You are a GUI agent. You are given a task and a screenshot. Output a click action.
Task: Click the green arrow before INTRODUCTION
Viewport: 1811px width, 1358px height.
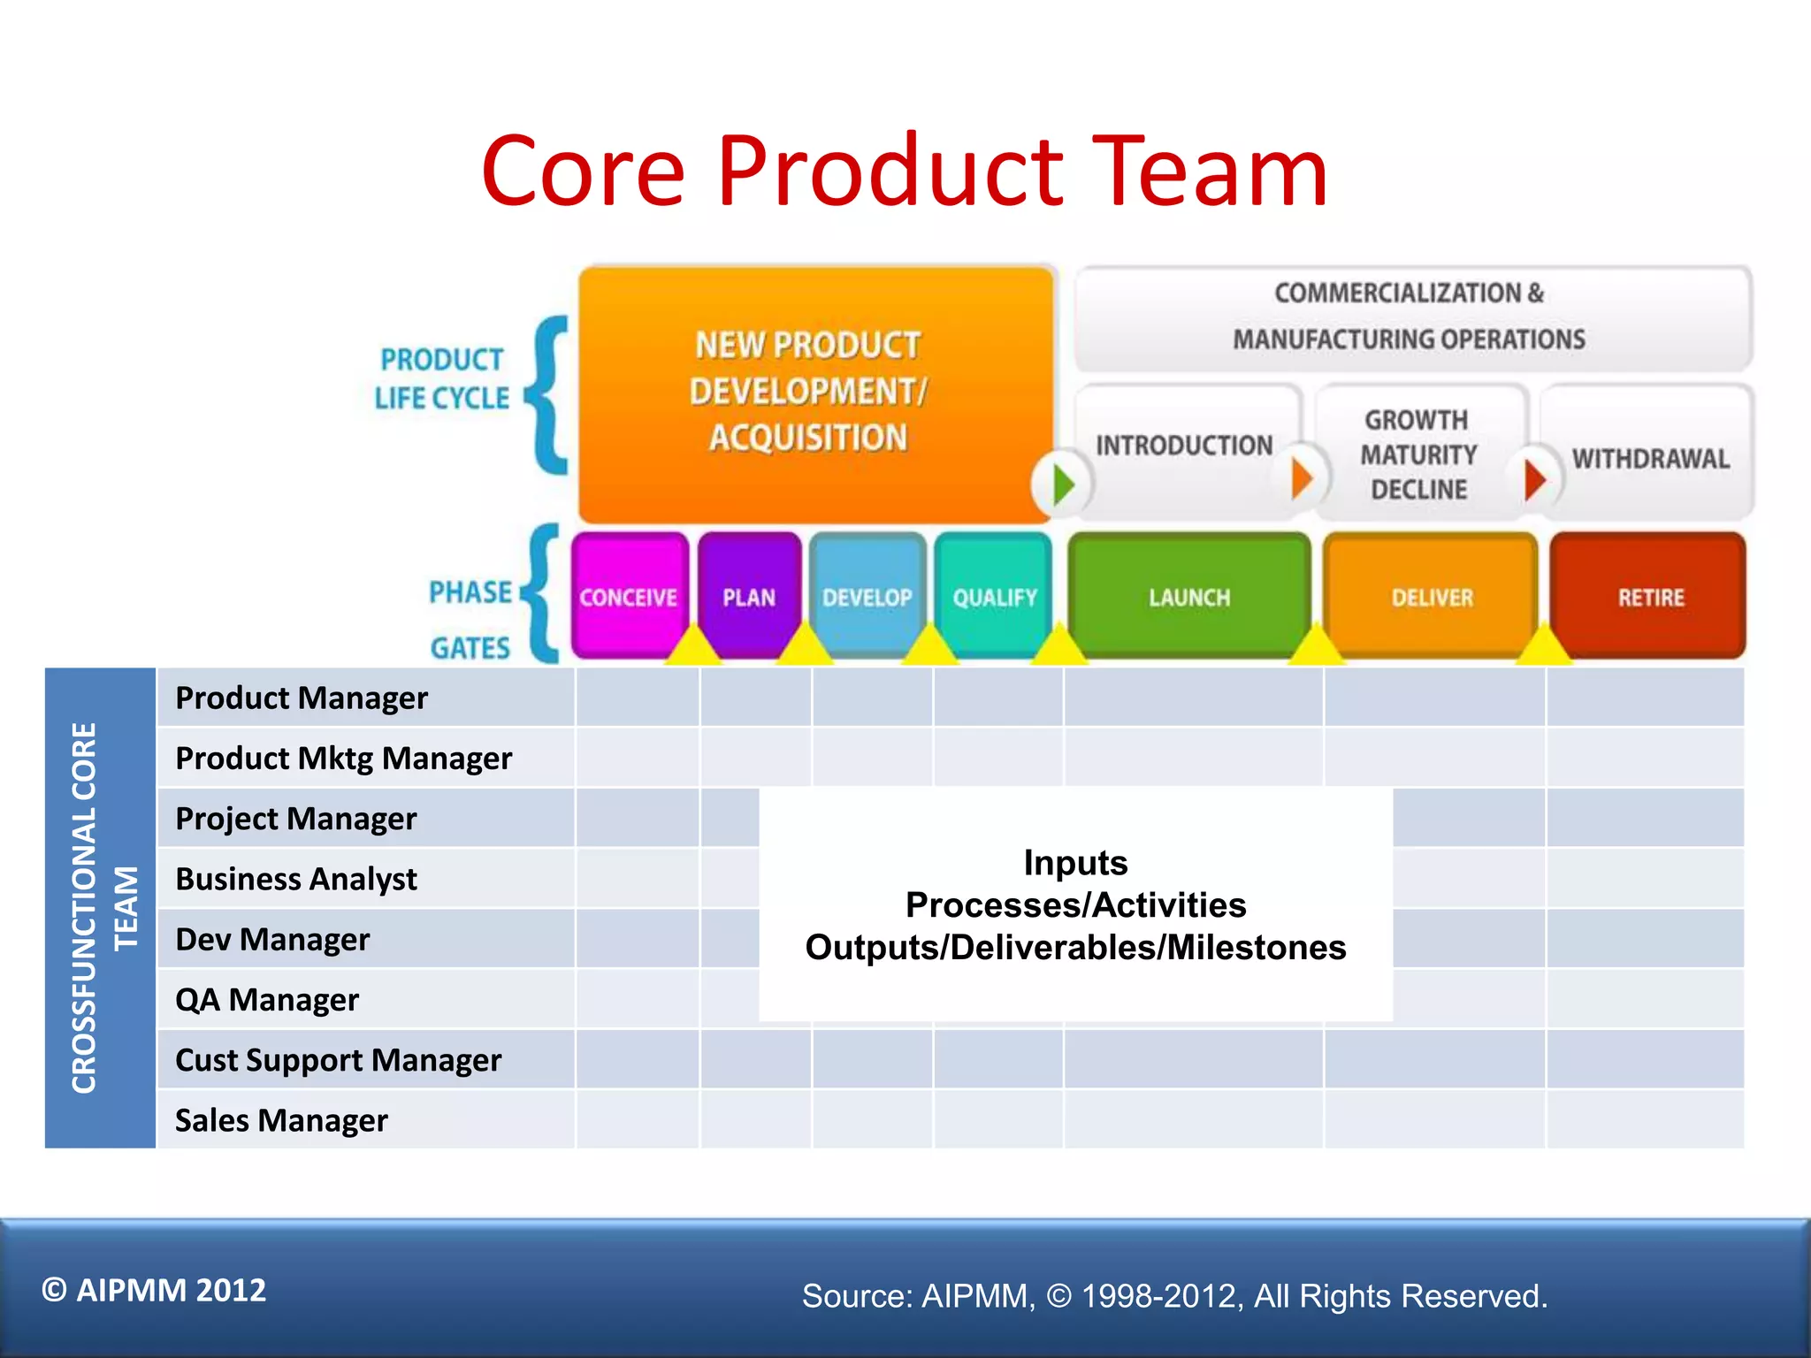pyautogui.click(x=1063, y=484)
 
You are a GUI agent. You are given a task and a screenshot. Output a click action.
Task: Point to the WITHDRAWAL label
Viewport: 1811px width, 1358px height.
pyautogui.click(x=1650, y=459)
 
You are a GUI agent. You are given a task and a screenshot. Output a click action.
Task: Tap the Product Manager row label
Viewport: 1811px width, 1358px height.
pyautogui.click(x=302, y=698)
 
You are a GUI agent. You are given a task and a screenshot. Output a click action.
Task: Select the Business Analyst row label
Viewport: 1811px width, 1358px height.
pyautogui.click(x=296, y=879)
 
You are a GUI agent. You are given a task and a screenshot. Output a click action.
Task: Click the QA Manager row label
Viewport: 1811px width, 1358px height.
pyautogui.click(x=267, y=1000)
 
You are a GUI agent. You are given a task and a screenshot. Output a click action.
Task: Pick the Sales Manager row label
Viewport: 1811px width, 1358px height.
pyautogui.click(x=281, y=1120)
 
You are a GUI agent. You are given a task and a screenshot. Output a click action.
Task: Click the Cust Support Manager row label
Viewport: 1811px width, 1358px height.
pyautogui.click(x=338, y=1060)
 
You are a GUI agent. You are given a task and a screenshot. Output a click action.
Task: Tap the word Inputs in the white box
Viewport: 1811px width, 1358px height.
pyautogui.click(x=1075, y=862)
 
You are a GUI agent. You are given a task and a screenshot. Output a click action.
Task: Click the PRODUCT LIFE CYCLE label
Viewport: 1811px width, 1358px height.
pyautogui.click(x=441, y=378)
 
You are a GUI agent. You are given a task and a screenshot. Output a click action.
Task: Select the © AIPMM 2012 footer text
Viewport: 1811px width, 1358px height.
pyautogui.click(x=154, y=1290)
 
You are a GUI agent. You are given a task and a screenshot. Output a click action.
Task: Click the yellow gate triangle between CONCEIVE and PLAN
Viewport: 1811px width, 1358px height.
pyautogui.click(x=692, y=646)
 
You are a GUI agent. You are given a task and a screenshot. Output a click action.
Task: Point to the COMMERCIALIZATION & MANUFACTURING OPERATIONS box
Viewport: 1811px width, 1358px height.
pyautogui.click(x=1411, y=317)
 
